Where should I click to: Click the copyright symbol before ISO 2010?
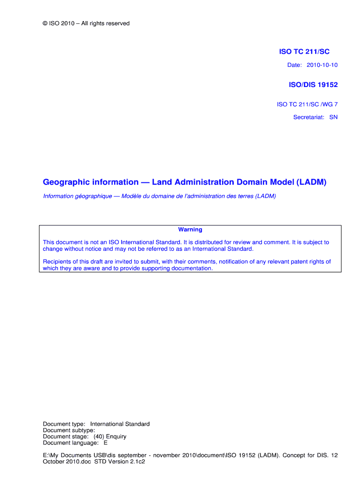coord(45,23)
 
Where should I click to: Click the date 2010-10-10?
coord(322,65)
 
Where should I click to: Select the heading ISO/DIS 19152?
coord(313,85)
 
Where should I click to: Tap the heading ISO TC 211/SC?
coord(304,52)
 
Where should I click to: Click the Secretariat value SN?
coord(333,117)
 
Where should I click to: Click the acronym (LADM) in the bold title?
coord(310,182)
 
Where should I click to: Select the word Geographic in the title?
coord(65,182)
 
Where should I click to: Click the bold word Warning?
coord(190,230)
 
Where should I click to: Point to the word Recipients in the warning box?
coord(58,261)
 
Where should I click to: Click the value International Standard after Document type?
coord(120,424)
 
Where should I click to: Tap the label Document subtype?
coord(69,430)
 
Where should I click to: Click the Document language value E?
coord(106,443)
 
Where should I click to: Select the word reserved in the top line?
coord(118,23)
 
